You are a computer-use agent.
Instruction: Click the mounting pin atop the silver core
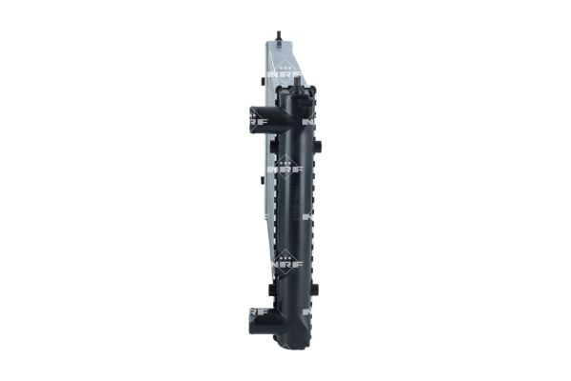pos(278,38)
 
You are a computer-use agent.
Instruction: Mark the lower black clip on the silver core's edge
pos(261,178)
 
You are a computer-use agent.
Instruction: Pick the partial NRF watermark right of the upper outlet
pos(310,122)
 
